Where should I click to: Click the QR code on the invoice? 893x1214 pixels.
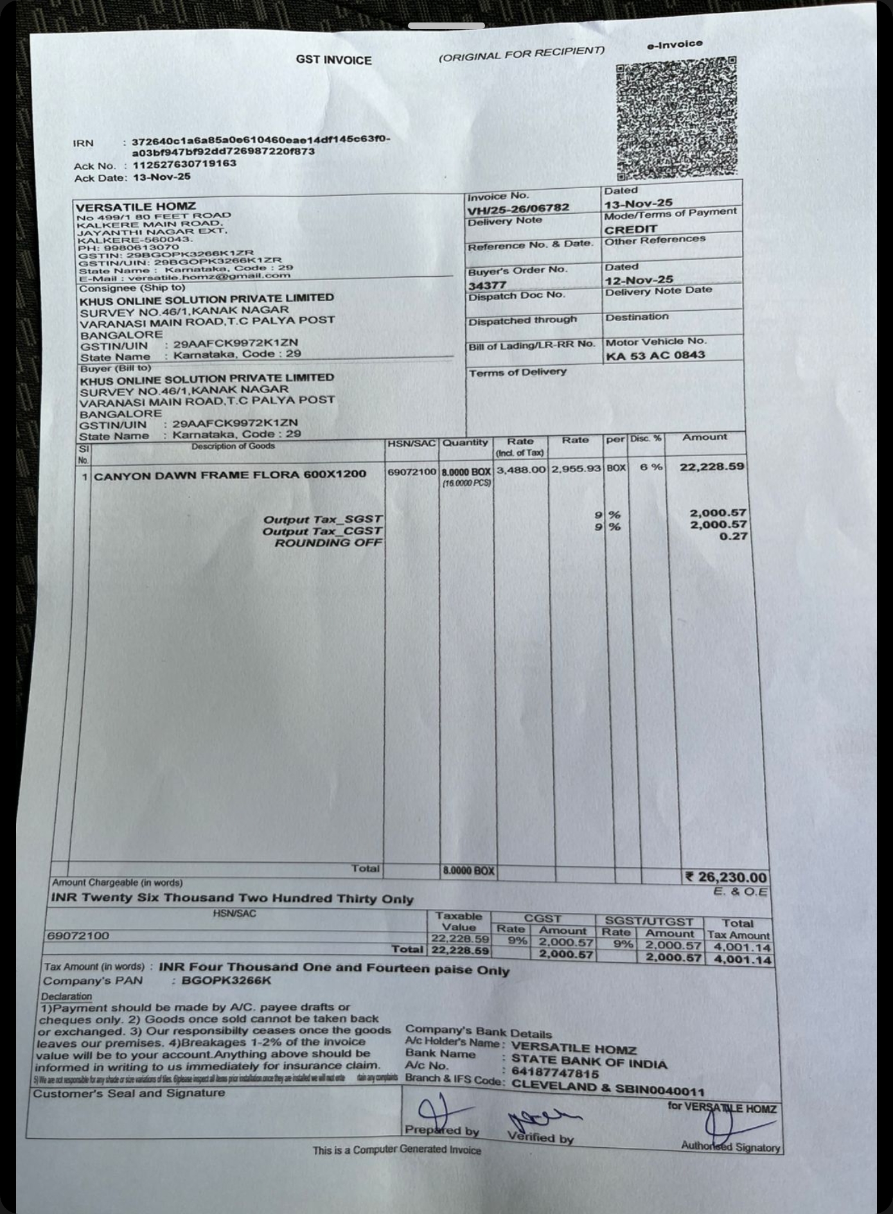pyautogui.click(x=676, y=118)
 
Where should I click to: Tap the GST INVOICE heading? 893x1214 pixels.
pyautogui.click(x=333, y=60)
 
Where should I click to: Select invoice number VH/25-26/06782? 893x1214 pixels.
pyautogui.click(x=518, y=208)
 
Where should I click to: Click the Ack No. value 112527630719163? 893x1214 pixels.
pyautogui.click(x=184, y=164)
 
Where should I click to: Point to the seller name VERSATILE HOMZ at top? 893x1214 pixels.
pyautogui.click(x=136, y=207)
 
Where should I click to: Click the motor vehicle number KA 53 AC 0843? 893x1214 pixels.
pyautogui.click(x=655, y=355)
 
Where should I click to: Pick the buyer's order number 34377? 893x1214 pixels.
pyautogui.click(x=487, y=285)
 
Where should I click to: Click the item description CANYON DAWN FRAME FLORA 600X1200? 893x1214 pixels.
pyautogui.click(x=229, y=475)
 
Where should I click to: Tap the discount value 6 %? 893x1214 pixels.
pyautogui.click(x=651, y=467)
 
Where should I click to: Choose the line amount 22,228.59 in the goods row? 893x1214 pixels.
pyautogui.click(x=712, y=466)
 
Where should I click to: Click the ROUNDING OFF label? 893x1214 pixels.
pyautogui.click(x=328, y=543)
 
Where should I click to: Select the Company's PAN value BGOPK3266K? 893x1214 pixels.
pyautogui.click(x=226, y=980)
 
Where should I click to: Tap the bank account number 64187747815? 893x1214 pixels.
pyautogui.click(x=555, y=1073)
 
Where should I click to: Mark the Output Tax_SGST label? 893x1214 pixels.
pyautogui.click(x=323, y=519)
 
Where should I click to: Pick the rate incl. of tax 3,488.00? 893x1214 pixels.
pyautogui.click(x=520, y=470)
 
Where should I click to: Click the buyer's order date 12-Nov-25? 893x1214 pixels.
pyautogui.click(x=639, y=279)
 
